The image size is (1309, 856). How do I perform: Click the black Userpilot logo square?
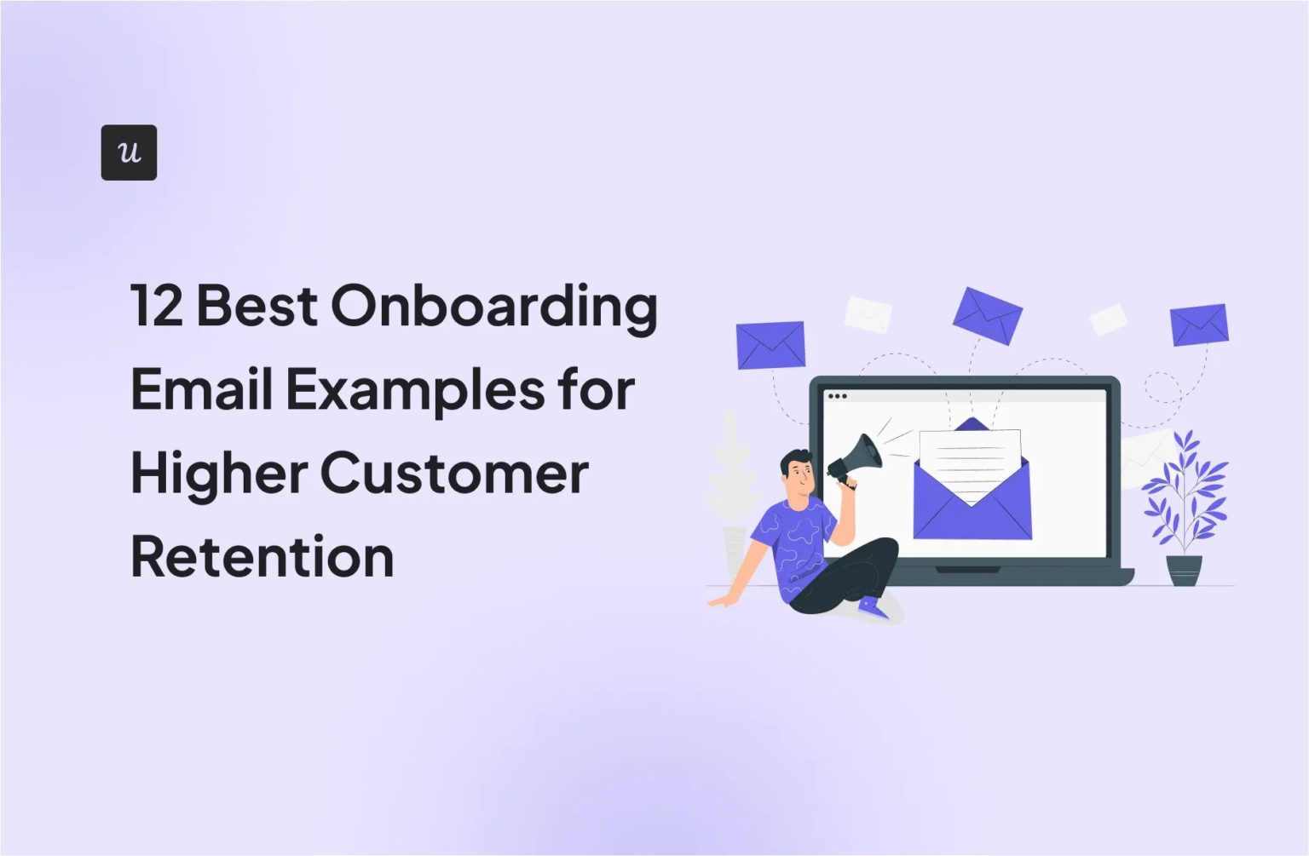coord(129,152)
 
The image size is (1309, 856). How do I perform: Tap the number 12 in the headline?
coord(157,306)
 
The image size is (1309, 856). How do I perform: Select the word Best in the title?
coord(257,306)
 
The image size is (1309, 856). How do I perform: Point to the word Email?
coord(202,389)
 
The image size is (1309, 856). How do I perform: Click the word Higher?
coord(218,474)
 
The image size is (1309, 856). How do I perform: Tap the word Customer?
coord(454,474)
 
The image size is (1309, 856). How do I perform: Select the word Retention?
coord(262,557)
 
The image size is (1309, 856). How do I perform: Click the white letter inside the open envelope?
coord(971,460)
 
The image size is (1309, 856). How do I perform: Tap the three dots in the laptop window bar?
coord(837,396)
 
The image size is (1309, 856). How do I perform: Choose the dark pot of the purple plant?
coord(1184,569)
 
